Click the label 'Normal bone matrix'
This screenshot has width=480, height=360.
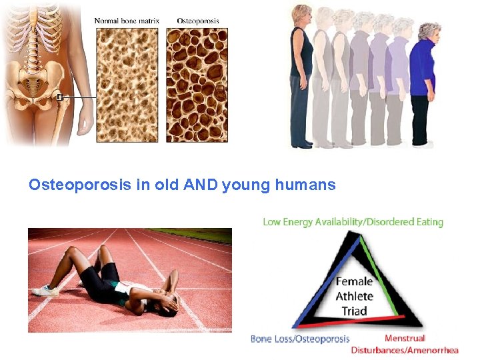[127, 21]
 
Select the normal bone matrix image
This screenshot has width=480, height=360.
[127, 85]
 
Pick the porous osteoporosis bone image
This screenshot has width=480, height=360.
[197, 85]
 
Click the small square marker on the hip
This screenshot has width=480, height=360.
[59, 97]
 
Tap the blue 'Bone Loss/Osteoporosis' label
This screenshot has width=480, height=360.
[299, 339]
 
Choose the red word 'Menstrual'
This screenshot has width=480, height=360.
[405, 339]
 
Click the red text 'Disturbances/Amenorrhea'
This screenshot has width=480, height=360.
[405, 350]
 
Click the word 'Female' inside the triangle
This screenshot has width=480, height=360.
[354, 282]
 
